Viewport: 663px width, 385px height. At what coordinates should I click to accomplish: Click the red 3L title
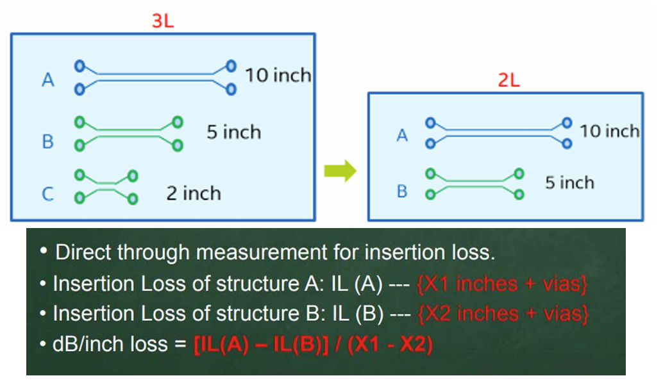[162, 20]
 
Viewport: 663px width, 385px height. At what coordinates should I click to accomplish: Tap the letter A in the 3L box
[47, 81]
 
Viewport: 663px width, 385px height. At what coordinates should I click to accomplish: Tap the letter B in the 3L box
[47, 141]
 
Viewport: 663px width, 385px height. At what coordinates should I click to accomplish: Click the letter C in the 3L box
[47, 194]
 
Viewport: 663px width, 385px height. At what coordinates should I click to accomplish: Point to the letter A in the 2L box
[402, 136]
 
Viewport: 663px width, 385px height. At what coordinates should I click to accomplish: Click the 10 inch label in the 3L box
[278, 76]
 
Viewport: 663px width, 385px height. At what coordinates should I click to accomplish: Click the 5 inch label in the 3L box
[233, 133]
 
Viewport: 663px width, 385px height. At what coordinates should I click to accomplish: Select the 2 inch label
[193, 193]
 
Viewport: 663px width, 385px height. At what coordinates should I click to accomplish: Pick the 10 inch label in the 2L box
[609, 131]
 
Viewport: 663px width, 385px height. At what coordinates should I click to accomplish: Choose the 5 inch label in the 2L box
[569, 183]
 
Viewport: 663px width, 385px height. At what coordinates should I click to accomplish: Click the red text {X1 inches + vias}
[501, 284]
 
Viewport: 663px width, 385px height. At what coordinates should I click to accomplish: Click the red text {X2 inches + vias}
[501, 313]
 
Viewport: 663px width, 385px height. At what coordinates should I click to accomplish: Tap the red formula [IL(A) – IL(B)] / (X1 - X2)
[313, 345]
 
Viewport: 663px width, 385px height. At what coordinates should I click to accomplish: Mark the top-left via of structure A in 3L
[80, 65]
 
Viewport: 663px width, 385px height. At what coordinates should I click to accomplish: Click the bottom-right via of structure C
[132, 198]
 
